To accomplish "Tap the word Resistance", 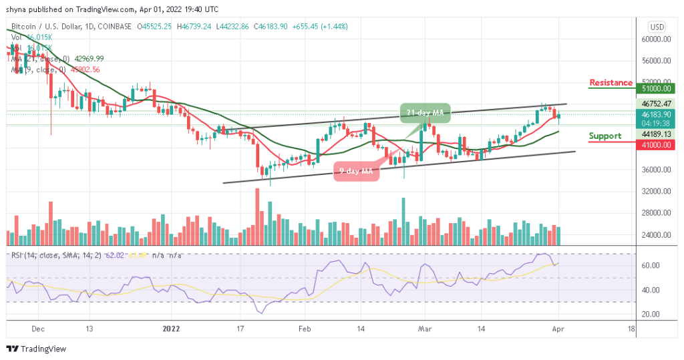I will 611,83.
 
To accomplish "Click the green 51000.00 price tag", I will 657,87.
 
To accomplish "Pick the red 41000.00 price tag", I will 657,142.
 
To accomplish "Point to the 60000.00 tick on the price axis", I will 657,39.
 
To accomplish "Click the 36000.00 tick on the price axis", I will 657,170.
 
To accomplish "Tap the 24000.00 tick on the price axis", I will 657,235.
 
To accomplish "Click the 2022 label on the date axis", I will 172,329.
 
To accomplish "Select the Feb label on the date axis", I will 305,329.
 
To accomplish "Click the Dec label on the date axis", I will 37,329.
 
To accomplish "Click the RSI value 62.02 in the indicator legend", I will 116,255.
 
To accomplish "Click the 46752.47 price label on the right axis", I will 657,104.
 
